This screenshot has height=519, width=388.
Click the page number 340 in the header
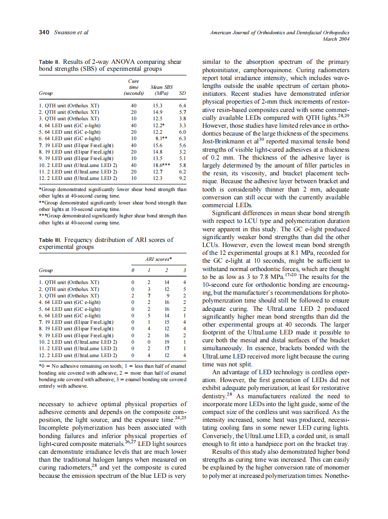(44, 32)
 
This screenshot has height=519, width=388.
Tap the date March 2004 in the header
(335, 39)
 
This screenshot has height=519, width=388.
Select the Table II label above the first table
(50, 62)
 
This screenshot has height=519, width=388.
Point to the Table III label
(50, 240)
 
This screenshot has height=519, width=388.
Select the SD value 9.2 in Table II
(182, 178)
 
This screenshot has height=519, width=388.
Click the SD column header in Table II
(182, 93)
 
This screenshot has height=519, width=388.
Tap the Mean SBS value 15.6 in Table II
(158, 145)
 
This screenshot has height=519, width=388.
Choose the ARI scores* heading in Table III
(158, 259)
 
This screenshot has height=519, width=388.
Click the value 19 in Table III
(166, 342)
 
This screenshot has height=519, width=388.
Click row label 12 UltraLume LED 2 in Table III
(78, 355)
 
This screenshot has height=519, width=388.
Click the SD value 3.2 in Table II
(182, 151)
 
